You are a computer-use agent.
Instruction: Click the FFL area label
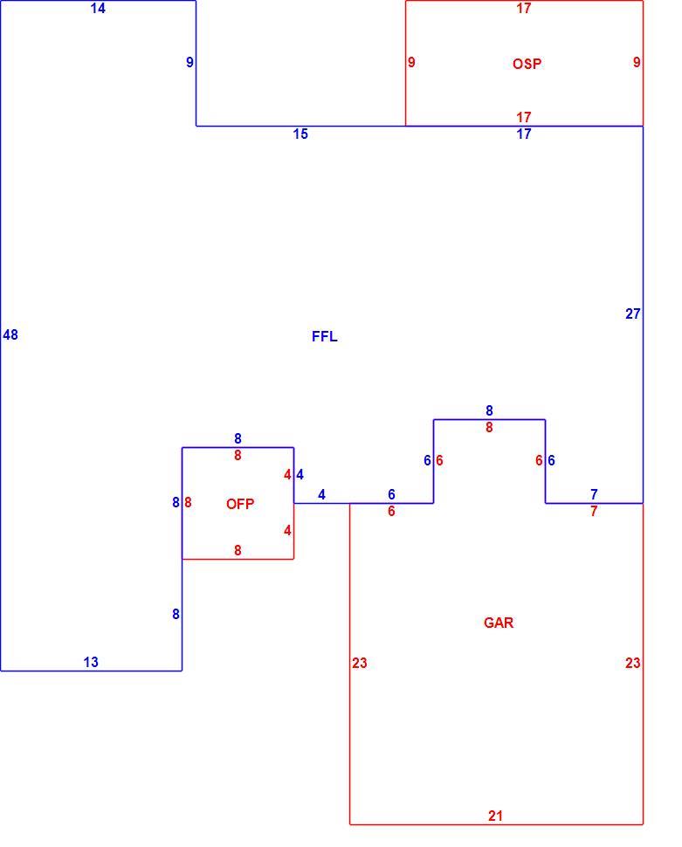[x=324, y=336]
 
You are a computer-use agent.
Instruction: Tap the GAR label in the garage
[x=499, y=623]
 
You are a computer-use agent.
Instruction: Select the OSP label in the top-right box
[x=527, y=64]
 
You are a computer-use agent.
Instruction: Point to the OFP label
[x=240, y=504]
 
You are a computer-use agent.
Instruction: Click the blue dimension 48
[x=10, y=335]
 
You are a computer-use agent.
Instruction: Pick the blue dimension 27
[x=633, y=313]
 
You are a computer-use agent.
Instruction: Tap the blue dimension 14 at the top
[x=98, y=8]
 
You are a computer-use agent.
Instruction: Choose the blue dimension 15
[x=300, y=134]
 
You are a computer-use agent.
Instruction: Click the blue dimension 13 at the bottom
[x=91, y=662]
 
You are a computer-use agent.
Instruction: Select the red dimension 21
[x=495, y=816]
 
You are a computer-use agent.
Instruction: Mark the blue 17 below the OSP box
[x=524, y=134]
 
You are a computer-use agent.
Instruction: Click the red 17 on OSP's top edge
[x=524, y=8]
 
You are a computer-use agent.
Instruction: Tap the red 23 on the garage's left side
[x=360, y=663]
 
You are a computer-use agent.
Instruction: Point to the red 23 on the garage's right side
[x=633, y=663]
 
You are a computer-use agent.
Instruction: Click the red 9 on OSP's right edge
[x=637, y=62]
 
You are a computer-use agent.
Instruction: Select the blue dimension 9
[x=189, y=62]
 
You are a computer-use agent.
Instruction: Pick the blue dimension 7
[x=594, y=494]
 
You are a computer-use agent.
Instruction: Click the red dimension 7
[x=594, y=511]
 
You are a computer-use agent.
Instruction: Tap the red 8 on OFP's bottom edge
[x=238, y=550]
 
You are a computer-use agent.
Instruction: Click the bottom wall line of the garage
[x=496, y=825]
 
